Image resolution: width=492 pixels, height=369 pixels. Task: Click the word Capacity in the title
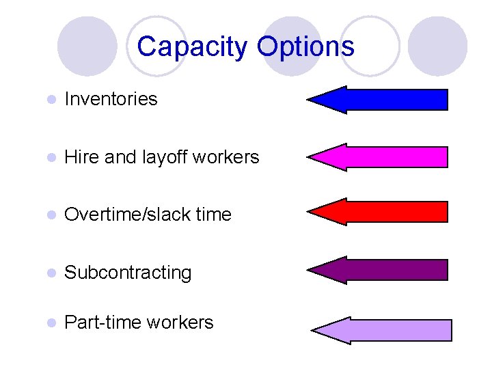(193, 47)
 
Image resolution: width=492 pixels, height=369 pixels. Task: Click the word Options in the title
(305, 47)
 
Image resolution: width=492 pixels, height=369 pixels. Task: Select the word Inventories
(111, 99)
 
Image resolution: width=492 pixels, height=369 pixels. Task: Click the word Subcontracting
(128, 273)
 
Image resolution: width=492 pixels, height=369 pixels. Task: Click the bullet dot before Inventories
(50, 100)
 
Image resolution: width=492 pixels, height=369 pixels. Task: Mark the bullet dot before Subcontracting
(50, 273)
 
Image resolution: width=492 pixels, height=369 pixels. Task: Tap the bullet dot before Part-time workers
(50, 323)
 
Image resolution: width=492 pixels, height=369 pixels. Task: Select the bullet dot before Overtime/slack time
(50, 215)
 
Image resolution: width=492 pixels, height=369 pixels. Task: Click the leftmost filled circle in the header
(87, 46)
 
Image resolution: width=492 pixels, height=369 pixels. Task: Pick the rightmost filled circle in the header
(437, 46)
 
